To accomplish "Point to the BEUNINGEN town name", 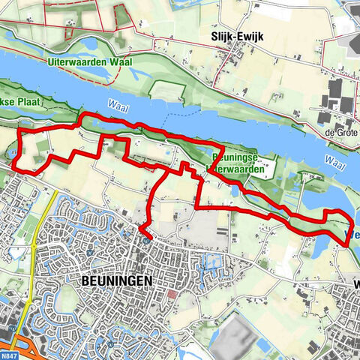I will (x=115, y=280).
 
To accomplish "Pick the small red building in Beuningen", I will (x=173, y=295).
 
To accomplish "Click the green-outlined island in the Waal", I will (x=165, y=89).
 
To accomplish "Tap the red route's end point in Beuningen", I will (x=146, y=238).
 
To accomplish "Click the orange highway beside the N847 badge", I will (x=45, y=351).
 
